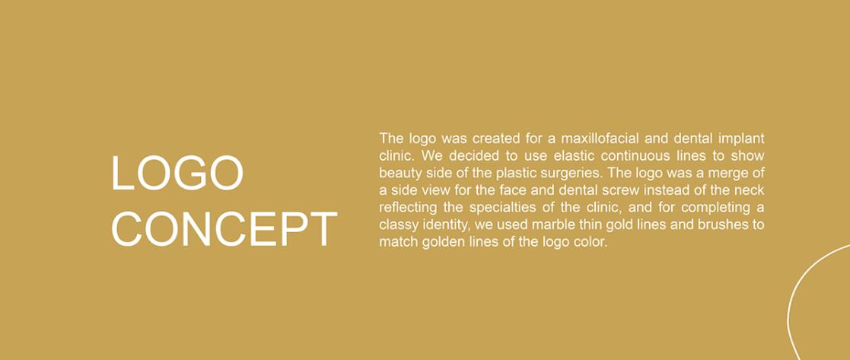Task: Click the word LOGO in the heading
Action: (177, 173)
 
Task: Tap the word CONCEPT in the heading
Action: (224, 229)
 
